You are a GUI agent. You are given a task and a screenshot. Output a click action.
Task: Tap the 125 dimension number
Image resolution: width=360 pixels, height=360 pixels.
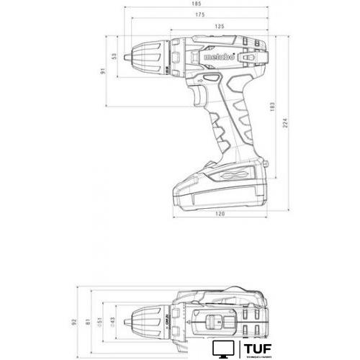click(219, 26)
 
